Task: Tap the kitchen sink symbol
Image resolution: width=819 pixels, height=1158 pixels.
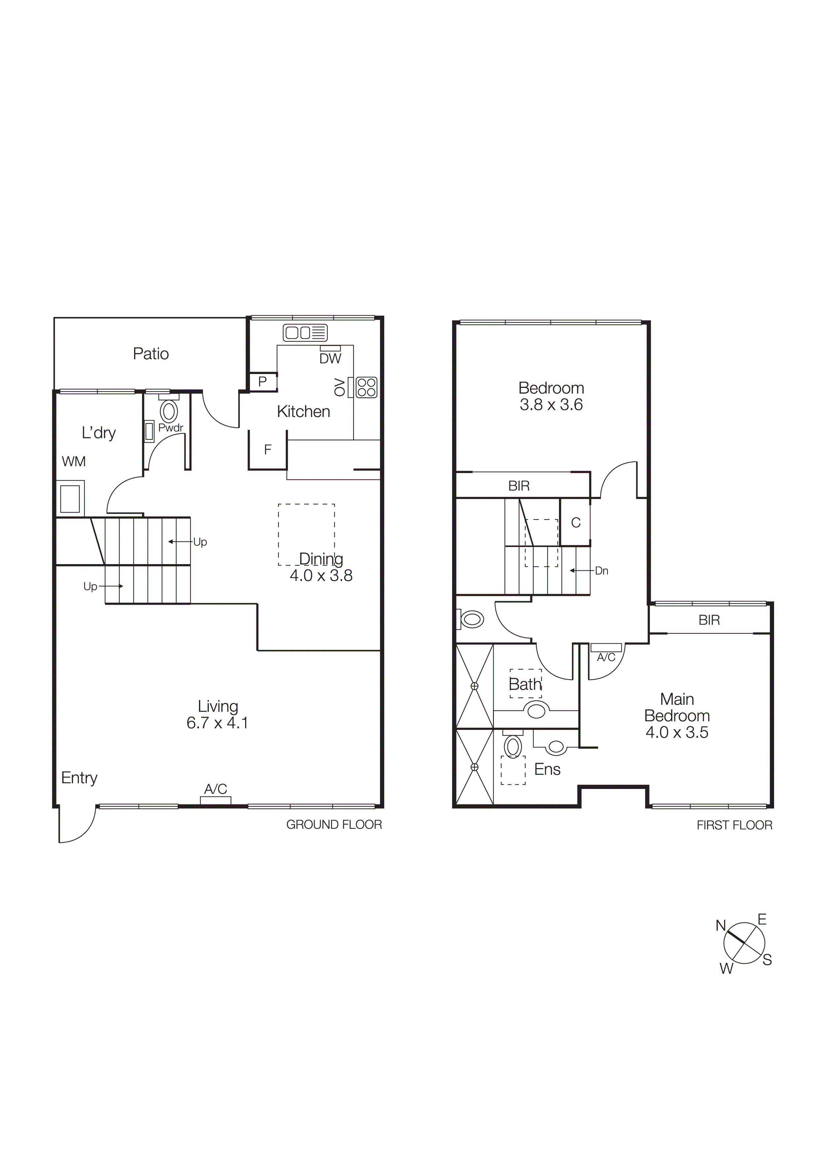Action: (305, 333)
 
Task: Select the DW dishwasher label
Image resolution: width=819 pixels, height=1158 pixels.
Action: (330, 358)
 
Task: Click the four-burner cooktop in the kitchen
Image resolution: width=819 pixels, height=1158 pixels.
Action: (366, 387)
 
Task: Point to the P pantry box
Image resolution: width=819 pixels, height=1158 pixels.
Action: (262, 382)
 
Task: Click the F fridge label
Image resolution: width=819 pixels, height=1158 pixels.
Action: (268, 449)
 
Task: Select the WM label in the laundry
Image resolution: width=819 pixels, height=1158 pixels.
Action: (74, 461)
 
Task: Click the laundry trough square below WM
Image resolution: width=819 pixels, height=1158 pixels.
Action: (70, 499)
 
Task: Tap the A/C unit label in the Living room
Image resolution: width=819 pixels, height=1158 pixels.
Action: (215, 789)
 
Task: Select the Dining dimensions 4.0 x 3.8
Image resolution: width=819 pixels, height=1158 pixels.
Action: (321, 575)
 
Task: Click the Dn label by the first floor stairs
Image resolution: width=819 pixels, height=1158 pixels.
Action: (602, 571)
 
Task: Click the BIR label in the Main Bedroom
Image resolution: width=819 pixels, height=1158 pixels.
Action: (709, 620)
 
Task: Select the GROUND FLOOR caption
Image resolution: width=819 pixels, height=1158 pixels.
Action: (334, 825)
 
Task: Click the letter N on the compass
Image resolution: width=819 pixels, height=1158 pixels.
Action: (721, 926)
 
